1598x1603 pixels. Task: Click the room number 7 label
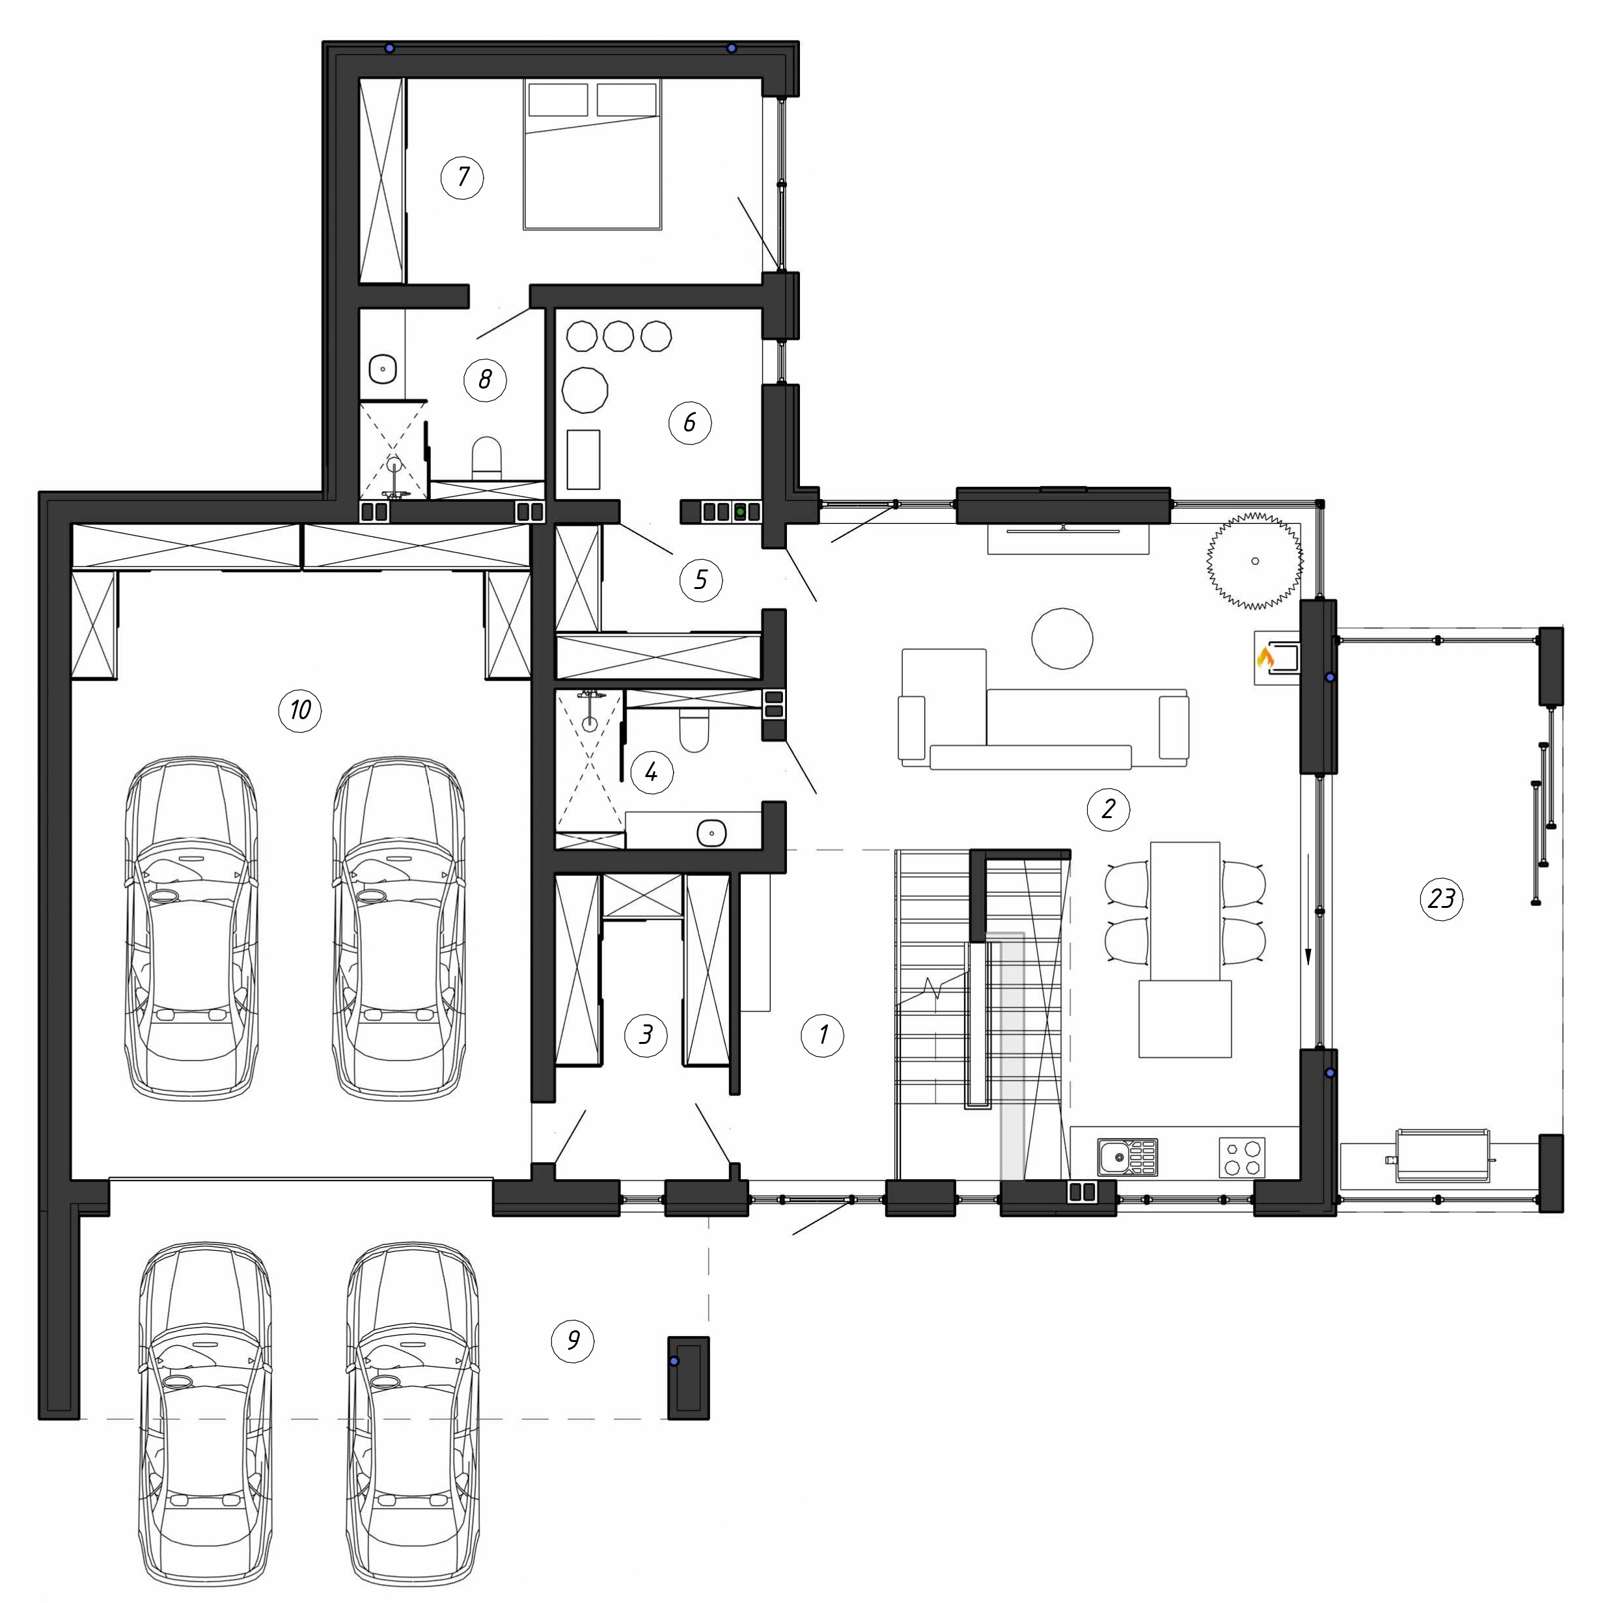pos(462,177)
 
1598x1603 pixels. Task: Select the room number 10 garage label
pos(300,710)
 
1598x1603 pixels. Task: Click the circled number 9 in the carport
pos(573,1341)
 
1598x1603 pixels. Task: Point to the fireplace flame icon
pos(1265,658)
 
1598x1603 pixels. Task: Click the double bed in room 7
pos(592,154)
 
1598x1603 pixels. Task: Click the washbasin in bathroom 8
pos(383,366)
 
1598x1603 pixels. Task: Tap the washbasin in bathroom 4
pos(712,832)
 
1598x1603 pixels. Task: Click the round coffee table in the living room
pos(1062,637)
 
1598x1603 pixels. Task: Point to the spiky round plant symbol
pos(1254,561)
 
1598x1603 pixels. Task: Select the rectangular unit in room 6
pos(583,459)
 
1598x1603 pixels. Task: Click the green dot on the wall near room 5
pos(739,512)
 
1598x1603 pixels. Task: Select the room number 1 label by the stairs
pos(822,1035)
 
